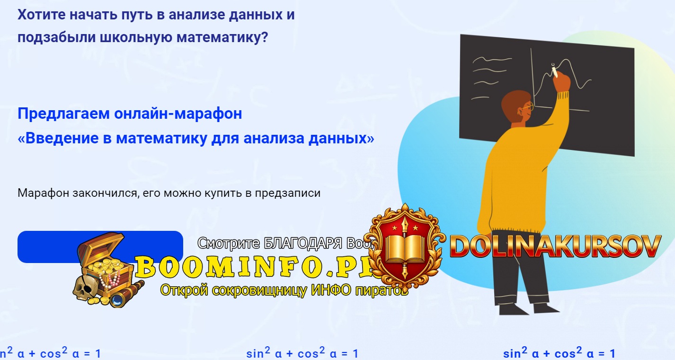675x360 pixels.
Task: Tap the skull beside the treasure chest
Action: point(85,288)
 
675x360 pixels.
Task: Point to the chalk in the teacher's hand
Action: point(554,71)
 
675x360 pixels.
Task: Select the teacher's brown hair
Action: point(514,102)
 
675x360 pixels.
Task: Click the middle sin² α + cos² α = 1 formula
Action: point(302,353)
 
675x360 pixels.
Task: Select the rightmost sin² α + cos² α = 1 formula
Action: point(559,353)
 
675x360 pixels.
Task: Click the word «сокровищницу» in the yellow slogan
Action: point(256,289)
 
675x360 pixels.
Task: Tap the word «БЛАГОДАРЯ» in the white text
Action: point(303,243)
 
